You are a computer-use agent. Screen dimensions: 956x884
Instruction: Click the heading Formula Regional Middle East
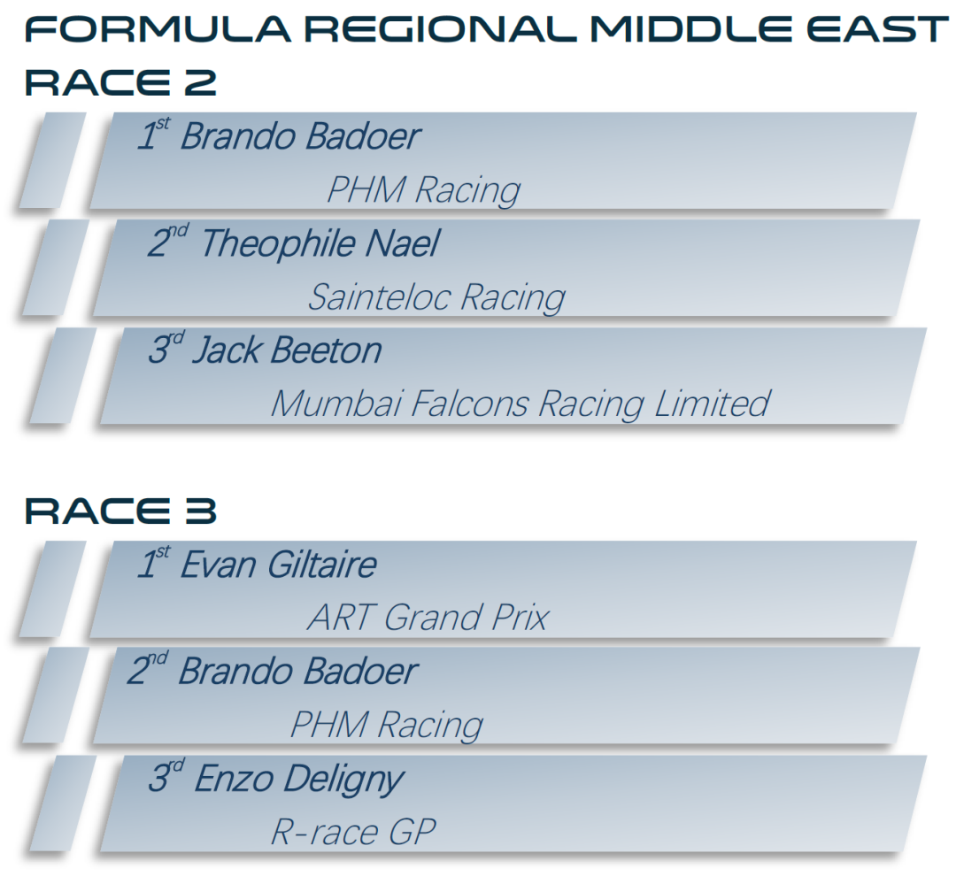[486, 29]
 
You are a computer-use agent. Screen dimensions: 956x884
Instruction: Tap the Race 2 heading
[120, 82]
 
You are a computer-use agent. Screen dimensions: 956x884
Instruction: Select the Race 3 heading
[120, 511]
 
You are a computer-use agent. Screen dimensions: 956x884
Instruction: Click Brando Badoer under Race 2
[301, 135]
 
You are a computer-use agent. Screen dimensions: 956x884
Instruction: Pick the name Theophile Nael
[320, 243]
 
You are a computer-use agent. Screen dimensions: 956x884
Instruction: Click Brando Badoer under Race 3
[298, 672]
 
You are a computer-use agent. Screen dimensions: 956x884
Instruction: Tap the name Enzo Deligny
[299, 780]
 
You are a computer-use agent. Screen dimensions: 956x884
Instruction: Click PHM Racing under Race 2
[424, 189]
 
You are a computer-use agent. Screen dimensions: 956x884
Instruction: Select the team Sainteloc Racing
[436, 297]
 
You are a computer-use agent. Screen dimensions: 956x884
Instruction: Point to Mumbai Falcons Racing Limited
[520, 404]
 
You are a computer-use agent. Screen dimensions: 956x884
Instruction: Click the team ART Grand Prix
[428, 618]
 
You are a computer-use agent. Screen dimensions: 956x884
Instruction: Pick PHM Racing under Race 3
[387, 725]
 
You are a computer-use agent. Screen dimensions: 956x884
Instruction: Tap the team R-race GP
[353, 832]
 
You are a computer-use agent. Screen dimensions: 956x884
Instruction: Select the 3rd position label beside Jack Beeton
[166, 348]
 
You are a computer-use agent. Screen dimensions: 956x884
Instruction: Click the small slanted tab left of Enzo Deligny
[63, 803]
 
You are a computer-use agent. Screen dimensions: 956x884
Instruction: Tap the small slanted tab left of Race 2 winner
[52, 160]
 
